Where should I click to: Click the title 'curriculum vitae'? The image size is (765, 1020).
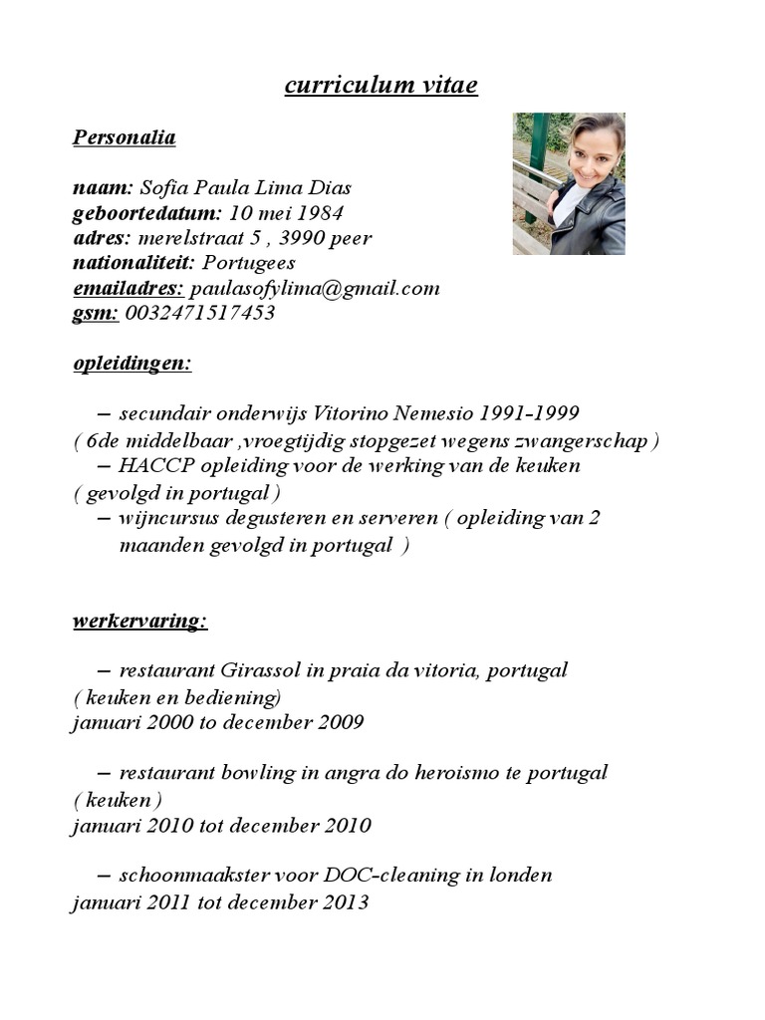(x=381, y=87)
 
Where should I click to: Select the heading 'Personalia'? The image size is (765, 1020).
(x=124, y=137)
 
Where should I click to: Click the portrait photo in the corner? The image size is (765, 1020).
(x=569, y=183)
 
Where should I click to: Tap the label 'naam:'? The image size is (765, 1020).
(x=103, y=188)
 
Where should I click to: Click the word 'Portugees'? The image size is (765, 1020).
(x=249, y=263)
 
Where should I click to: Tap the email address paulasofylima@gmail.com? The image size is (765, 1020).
(x=315, y=288)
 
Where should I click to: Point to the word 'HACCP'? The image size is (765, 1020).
(x=151, y=465)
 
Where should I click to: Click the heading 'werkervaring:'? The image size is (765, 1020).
(x=140, y=622)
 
